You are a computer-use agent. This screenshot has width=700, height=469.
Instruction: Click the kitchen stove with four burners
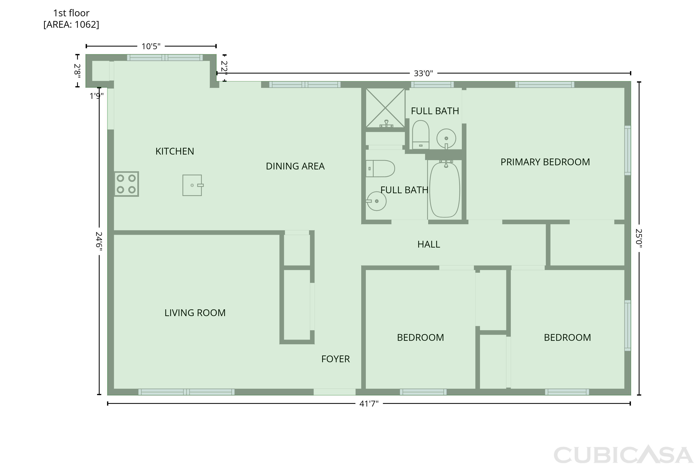[x=126, y=184]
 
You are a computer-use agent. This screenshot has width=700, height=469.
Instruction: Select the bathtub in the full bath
[x=444, y=189]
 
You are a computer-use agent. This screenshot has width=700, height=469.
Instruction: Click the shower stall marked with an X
[x=385, y=108]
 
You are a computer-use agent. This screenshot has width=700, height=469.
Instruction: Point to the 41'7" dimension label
[x=369, y=404]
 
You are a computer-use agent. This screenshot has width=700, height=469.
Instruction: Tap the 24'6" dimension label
[x=99, y=241]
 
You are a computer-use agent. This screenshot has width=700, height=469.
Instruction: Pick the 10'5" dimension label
[x=151, y=46]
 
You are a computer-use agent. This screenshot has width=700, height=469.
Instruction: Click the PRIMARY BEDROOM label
[x=545, y=162]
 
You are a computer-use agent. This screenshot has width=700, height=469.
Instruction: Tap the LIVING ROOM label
[x=195, y=313]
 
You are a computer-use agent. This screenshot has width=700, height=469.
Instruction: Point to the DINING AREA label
[x=295, y=166]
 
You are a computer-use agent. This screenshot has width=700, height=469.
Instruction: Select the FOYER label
[x=335, y=359]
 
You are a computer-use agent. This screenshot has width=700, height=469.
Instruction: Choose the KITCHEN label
[x=175, y=151]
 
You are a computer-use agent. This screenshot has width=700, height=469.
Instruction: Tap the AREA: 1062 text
[x=71, y=24]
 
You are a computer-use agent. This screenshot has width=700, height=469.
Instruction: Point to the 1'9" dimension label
[x=96, y=96]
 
